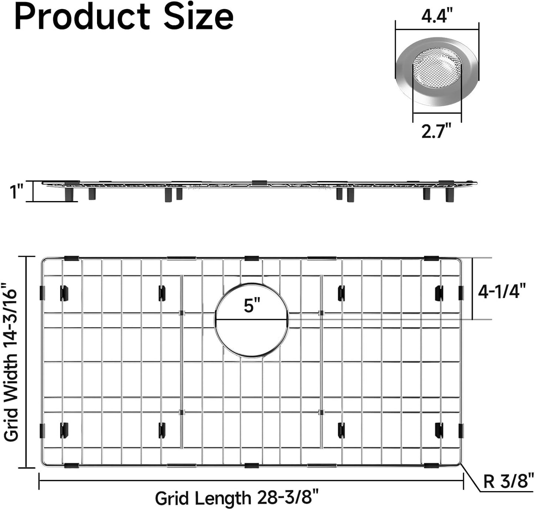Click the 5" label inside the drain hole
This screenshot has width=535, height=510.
[x=252, y=306]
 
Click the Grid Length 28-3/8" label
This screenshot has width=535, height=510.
[x=237, y=498]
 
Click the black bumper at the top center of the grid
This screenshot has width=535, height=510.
[x=251, y=258]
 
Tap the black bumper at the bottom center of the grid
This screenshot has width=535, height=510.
[x=251, y=465]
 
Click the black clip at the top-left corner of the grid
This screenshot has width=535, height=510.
[x=71, y=258]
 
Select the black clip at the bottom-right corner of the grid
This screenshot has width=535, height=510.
[x=431, y=465]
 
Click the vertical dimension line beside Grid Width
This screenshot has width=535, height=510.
[x=26, y=362]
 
